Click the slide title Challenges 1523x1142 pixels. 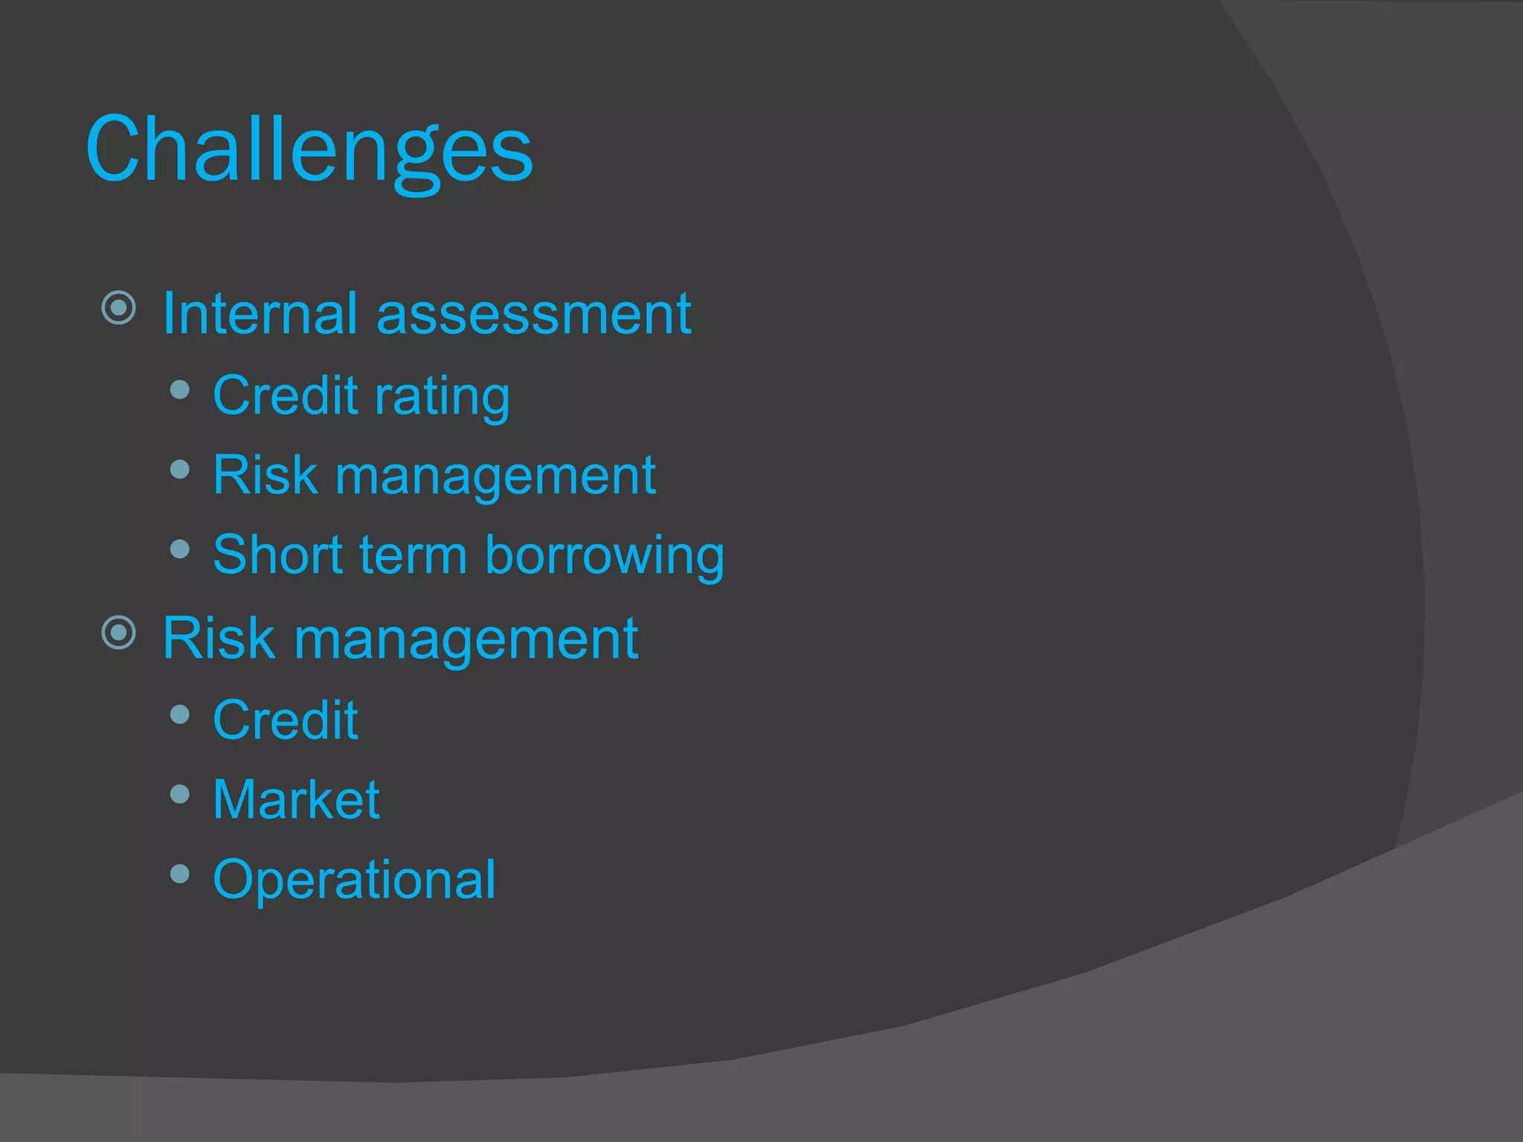click(x=309, y=151)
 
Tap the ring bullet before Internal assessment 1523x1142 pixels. click(x=119, y=307)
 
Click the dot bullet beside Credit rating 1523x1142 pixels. click(x=179, y=390)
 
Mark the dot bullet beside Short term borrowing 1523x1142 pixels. click(x=179, y=549)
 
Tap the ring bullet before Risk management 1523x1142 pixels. click(x=119, y=633)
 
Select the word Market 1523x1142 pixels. click(x=296, y=800)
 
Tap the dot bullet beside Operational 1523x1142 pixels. click(x=179, y=873)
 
